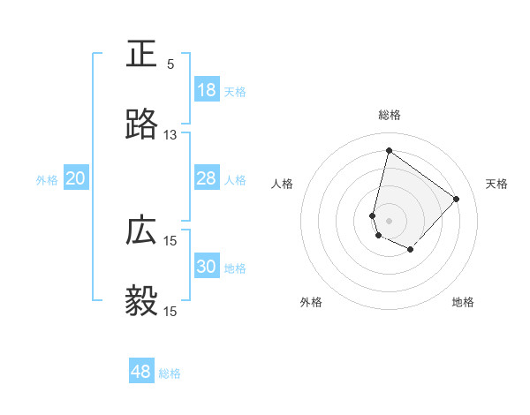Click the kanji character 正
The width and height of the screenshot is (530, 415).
[141, 55]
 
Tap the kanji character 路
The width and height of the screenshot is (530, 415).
[141, 125]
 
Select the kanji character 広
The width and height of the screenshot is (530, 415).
[141, 231]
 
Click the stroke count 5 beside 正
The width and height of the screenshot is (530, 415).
[170, 64]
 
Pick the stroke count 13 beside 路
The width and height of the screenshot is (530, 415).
[170, 135]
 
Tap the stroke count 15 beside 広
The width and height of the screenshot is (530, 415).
[170, 241]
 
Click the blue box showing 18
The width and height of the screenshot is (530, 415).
[206, 90]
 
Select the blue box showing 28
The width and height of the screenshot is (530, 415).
[206, 178]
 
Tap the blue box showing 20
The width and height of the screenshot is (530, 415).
[75, 178]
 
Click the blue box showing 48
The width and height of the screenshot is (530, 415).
[141, 372]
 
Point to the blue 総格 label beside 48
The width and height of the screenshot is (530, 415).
[170, 373]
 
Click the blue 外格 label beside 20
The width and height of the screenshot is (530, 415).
[47, 180]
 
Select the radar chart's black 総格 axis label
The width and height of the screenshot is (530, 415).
[390, 115]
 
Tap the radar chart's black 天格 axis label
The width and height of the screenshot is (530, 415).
[496, 184]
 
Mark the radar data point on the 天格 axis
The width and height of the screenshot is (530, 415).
[457, 199]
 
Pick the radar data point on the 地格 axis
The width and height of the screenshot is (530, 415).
[411, 251]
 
